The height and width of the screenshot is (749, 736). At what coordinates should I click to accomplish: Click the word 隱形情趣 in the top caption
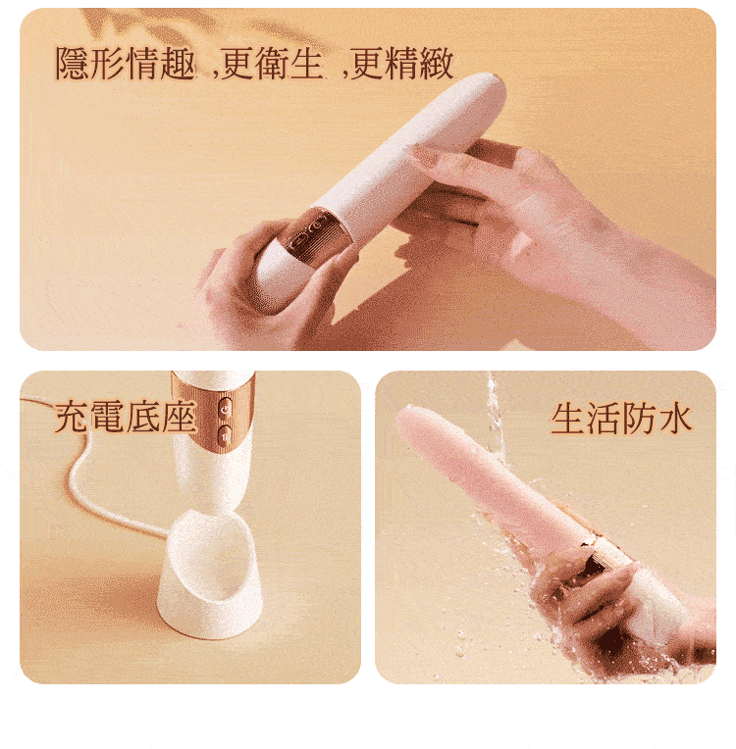126,64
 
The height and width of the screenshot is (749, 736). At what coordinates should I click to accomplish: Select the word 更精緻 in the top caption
402,64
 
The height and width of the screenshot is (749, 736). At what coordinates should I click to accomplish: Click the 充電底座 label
126,417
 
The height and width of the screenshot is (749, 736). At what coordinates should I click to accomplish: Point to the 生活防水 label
621,420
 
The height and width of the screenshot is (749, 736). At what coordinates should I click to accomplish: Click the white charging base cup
209,574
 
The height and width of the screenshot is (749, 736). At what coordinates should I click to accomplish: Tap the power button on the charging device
226,410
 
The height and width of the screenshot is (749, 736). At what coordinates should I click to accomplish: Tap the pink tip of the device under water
412,422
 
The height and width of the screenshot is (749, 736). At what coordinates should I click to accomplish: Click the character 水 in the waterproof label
675,420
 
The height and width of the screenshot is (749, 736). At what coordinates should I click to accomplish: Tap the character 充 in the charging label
72,417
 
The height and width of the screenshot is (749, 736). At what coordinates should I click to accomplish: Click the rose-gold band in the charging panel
213,411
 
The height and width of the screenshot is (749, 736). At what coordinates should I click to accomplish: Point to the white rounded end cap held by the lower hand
276,280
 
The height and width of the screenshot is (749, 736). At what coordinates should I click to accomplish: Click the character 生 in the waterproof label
567,420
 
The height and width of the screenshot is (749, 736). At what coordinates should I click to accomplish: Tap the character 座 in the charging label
180,417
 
